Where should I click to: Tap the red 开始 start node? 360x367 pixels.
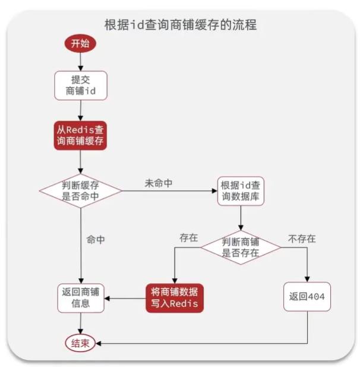click(x=80, y=44)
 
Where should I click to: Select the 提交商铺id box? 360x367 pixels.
click(x=80, y=85)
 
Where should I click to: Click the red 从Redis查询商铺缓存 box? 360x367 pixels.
click(x=80, y=136)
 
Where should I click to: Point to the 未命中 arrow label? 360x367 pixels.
click(x=159, y=183)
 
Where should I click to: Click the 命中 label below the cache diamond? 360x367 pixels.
click(x=96, y=240)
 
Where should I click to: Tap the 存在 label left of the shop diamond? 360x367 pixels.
click(x=188, y=237)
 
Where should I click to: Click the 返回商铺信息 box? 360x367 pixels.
click(x=80, y=298)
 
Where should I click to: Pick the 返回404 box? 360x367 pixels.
click(x=307, y=298)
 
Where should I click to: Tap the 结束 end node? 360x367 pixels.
click(x=80, y=344)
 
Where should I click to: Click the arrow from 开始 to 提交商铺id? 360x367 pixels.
click(x=80, y=62)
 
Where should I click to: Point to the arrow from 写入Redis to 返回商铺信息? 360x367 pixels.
click(x=124, y=298)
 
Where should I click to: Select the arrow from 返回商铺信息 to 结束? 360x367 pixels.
click(x=80, y=324)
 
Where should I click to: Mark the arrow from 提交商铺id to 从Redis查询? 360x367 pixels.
click(x=80, y=110)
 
